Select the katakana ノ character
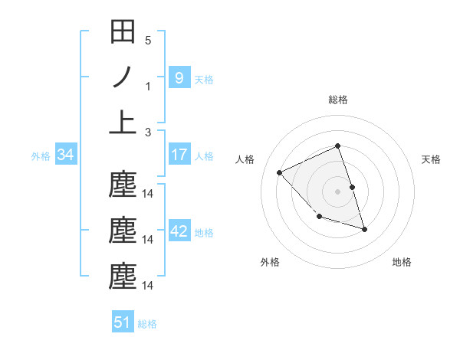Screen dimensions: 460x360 (123, 77)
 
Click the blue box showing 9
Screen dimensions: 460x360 (179, 77)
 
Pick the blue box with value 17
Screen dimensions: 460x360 (179, 155)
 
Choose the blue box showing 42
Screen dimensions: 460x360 (179, 231)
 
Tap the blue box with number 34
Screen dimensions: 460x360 (66, 155)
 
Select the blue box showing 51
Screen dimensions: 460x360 (123, 322)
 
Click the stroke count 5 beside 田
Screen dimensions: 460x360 (148, 40)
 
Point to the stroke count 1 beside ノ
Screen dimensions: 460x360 (148, 86)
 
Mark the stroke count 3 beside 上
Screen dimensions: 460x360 (148, 132)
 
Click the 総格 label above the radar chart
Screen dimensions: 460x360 (337, 100)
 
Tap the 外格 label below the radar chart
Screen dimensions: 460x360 (270, 262)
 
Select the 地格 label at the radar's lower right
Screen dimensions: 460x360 (402, 262)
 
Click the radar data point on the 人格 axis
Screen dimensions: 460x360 (280, 173)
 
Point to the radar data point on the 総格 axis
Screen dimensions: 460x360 (337, 146)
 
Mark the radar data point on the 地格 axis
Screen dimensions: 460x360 (364, 229)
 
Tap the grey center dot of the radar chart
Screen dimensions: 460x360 (337, 191)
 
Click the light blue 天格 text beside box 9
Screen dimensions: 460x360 (204, 79)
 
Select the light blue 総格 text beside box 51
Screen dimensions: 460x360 (147, 323)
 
